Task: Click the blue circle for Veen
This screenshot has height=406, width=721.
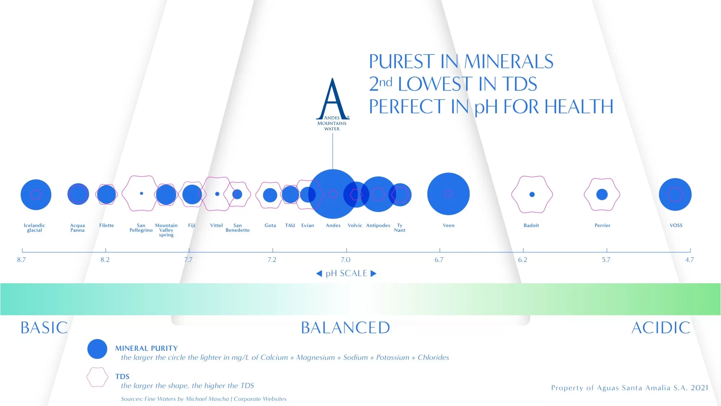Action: pos(448,194)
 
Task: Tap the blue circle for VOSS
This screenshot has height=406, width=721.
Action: pos(675,195)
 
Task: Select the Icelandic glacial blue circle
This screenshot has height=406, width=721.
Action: pos(36,195)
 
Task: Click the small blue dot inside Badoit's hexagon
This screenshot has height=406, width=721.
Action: pos(532,195)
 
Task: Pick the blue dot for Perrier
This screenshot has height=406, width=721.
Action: pos(602,195)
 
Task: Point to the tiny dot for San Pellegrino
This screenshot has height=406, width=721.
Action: pos(141,193)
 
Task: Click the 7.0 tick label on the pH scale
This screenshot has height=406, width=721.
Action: pos(346,260)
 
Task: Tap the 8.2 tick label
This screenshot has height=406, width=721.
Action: pos(105,260)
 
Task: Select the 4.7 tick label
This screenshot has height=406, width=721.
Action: pos(689,260)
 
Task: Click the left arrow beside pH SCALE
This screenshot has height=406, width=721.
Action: pos(319,274)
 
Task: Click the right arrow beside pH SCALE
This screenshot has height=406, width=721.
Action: pos(374,274)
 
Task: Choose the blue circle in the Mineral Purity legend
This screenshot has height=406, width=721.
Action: pos(97,349)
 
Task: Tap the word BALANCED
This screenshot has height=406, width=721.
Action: pos(346,328)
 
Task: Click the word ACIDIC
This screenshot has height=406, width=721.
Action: pos(661,328)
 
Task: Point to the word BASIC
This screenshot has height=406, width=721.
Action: pos(44,328)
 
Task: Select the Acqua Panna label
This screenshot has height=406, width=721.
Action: pos(78,228)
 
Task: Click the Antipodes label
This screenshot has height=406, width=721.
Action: pos(378,226)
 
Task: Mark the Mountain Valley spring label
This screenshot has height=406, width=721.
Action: pos(166,230)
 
